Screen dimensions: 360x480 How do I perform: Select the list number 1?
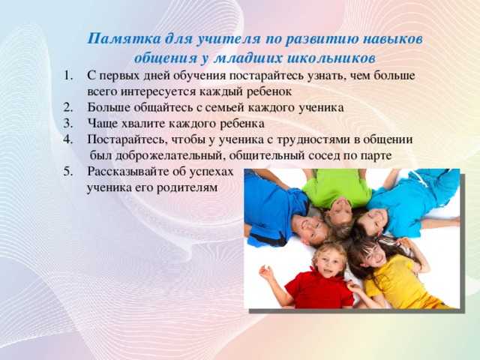point(67,76)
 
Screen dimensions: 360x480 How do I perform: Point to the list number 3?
point(67,122)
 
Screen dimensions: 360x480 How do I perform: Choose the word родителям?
point(189,186)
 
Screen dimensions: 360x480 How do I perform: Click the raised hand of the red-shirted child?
point(266,272)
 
